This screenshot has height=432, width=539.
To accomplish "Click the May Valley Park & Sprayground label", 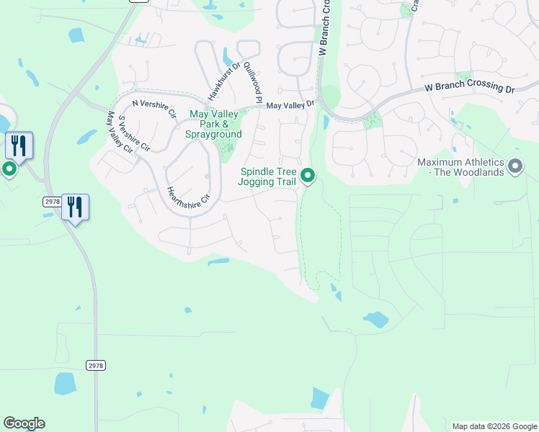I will tap(214, 125).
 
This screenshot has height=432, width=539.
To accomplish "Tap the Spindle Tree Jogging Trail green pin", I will tap(308, 175).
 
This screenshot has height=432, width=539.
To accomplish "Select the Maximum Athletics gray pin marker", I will tap(514, 167).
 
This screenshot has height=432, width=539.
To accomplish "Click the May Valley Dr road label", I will tap(290, 105).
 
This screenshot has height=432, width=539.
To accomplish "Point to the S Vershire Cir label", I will tap(133, 133).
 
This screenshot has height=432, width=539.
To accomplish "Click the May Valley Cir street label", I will tap(119, 132).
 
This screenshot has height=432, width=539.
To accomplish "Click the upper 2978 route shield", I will tap(52, 202).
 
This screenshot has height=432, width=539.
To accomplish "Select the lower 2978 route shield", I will tap(96, 366).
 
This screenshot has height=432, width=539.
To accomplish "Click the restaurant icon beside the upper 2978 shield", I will tap(75, 207).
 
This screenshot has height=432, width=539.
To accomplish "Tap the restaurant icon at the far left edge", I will tap(19, 145).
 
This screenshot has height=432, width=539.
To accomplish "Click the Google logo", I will tap(24, 423).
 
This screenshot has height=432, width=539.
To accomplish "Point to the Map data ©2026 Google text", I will tap(494, 426).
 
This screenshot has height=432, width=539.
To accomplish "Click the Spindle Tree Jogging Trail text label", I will tap(267, 176).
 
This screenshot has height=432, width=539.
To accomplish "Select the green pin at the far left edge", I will tap(9, 169).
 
